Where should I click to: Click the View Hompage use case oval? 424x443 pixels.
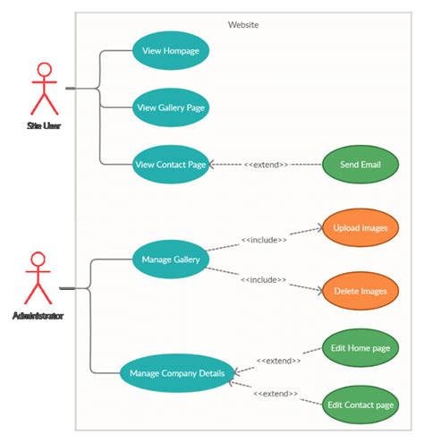[171, 51]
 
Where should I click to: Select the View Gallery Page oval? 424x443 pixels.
[171, 107]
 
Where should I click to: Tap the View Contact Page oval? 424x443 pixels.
[171, 165]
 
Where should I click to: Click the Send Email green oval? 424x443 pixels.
[360, 165]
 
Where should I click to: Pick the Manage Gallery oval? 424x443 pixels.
[170, 260]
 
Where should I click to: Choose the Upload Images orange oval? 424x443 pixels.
[360, 228]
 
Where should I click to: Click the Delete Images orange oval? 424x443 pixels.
[360, 290]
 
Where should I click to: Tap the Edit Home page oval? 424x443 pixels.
[360, 349]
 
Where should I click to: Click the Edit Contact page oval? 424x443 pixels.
[360, 405]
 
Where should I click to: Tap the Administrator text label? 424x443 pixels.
[38, 315]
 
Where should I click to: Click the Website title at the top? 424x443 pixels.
[243, 25]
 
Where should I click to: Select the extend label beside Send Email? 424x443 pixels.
[266, 166]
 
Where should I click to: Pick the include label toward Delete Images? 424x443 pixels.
[263, 280]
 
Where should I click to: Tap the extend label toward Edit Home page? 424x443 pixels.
[278, 361]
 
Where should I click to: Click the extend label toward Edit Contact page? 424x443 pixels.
[276, 394]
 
